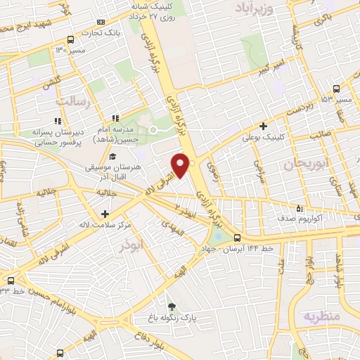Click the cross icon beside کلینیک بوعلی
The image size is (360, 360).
pos(263,127)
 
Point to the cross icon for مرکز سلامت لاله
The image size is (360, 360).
pos(105,213)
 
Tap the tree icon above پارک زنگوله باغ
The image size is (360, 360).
pos(172,306)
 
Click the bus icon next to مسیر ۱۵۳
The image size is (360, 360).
pos(336,89)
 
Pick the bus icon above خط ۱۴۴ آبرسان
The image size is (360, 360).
pos(237,238)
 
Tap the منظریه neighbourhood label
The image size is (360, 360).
pos(320,316)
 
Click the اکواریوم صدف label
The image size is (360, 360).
pos(324,219)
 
